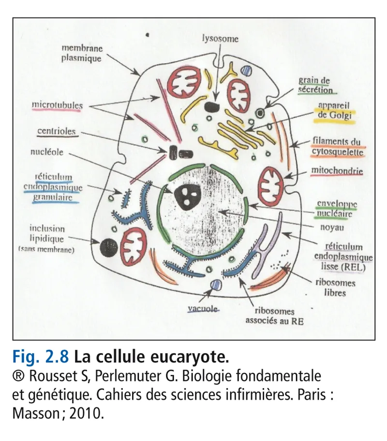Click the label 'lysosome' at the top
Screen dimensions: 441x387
[220, 39]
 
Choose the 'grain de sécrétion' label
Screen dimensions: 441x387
[315, 85]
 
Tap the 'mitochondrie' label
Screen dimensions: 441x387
[338, 171]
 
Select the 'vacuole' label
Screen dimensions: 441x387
[202, 308]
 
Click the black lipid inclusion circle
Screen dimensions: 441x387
[108, 248]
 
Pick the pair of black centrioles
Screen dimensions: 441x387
[179, 154]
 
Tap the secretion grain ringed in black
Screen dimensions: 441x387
[261, 113]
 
